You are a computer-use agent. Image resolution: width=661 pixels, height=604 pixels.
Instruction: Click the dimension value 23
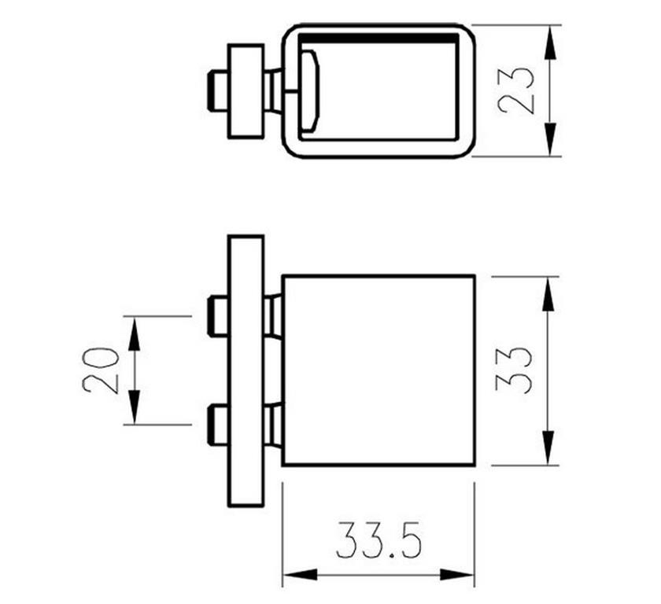point(516,90)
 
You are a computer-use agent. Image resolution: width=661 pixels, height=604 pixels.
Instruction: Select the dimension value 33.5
point(379,540)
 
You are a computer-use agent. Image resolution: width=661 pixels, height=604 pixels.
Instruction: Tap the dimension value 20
point(101,370)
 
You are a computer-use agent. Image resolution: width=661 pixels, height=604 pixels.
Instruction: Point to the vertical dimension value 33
point(515,371)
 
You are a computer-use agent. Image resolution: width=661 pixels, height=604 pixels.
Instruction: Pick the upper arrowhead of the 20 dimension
point(134,334)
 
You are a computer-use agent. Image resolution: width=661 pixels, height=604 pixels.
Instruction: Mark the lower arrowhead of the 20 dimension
point(134,407)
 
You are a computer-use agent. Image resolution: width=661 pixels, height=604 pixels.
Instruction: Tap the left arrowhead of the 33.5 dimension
point(300,575)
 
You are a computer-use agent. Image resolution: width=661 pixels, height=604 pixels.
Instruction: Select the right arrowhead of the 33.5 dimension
point(457,575)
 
